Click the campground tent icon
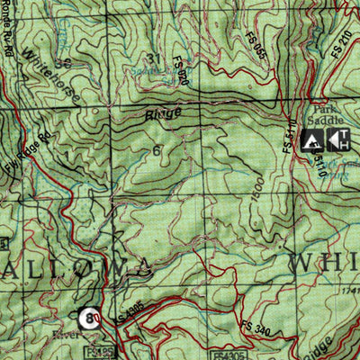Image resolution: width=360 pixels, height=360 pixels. pyautogui.click(x=312, y=139)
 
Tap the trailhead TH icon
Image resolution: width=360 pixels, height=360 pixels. pyautogui.click(x=338, y=139)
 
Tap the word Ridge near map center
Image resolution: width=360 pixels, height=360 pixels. pyautogui.click(x=163, y=113)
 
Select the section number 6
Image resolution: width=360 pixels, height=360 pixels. pyautogui.click(x=157, y=150)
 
